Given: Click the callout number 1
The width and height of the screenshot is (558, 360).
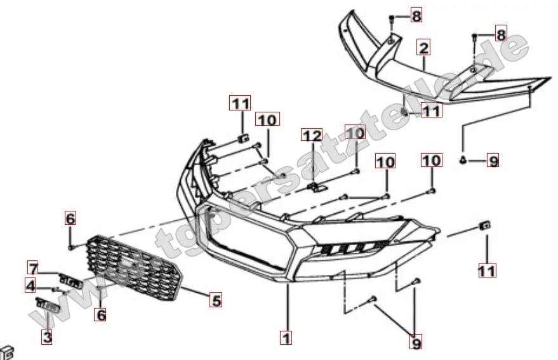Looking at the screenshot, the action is [286, 337].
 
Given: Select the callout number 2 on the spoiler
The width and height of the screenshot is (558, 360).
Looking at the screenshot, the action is [423, 48].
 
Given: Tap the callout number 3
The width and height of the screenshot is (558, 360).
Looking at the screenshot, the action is [47, 337].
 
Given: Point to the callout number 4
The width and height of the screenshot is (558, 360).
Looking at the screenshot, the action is [30, 285].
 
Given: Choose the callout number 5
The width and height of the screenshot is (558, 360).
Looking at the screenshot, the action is [216, 300].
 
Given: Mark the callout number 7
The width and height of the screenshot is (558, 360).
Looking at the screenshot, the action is [34, 268].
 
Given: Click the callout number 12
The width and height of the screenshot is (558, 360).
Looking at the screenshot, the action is [312, 135].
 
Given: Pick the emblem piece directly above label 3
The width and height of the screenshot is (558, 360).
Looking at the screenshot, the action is [46, 305].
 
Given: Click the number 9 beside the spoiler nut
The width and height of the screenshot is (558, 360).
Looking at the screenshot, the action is [493, 161].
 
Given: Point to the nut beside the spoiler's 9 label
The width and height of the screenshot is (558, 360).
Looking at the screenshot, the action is [463, 160].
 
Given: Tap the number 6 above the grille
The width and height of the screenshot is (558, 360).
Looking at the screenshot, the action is [70, 218].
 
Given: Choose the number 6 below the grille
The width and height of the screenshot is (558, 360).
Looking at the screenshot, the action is [101, 314].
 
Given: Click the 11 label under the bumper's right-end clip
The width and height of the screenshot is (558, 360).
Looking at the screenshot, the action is [486, 270].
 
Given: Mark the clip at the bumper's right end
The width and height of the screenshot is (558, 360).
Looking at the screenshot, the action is [484, 225].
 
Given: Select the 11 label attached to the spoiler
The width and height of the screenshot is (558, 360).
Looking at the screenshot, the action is [431, 110].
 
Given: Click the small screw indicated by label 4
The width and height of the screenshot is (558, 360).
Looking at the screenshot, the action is [55, 289].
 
